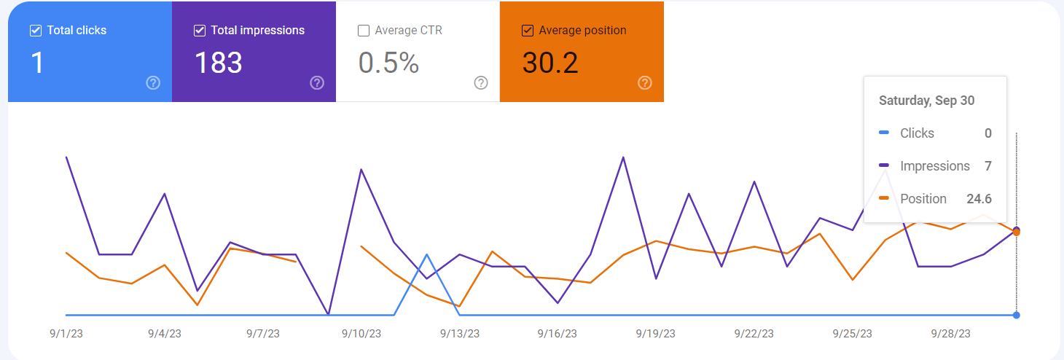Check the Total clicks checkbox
[36, 31]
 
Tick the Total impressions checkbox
[200, 31]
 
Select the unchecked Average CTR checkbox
[364, 31]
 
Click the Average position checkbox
[528, 31]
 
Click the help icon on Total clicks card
[153, 83]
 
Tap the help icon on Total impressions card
[317, 83]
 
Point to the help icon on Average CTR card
[481, 83]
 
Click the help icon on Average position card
[645, 83]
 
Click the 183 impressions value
[219, 63]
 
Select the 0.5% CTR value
[388, 63]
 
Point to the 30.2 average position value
[550, 63]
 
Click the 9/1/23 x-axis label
[66, 334]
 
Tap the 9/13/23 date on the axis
[459, 334]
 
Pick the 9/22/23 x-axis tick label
[754, 334]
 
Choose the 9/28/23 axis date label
[950, 334]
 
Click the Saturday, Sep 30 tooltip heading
[927, 101]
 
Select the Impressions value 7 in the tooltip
[988, 166]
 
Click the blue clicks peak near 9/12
[426, 254]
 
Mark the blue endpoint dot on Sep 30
[1017, 315]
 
